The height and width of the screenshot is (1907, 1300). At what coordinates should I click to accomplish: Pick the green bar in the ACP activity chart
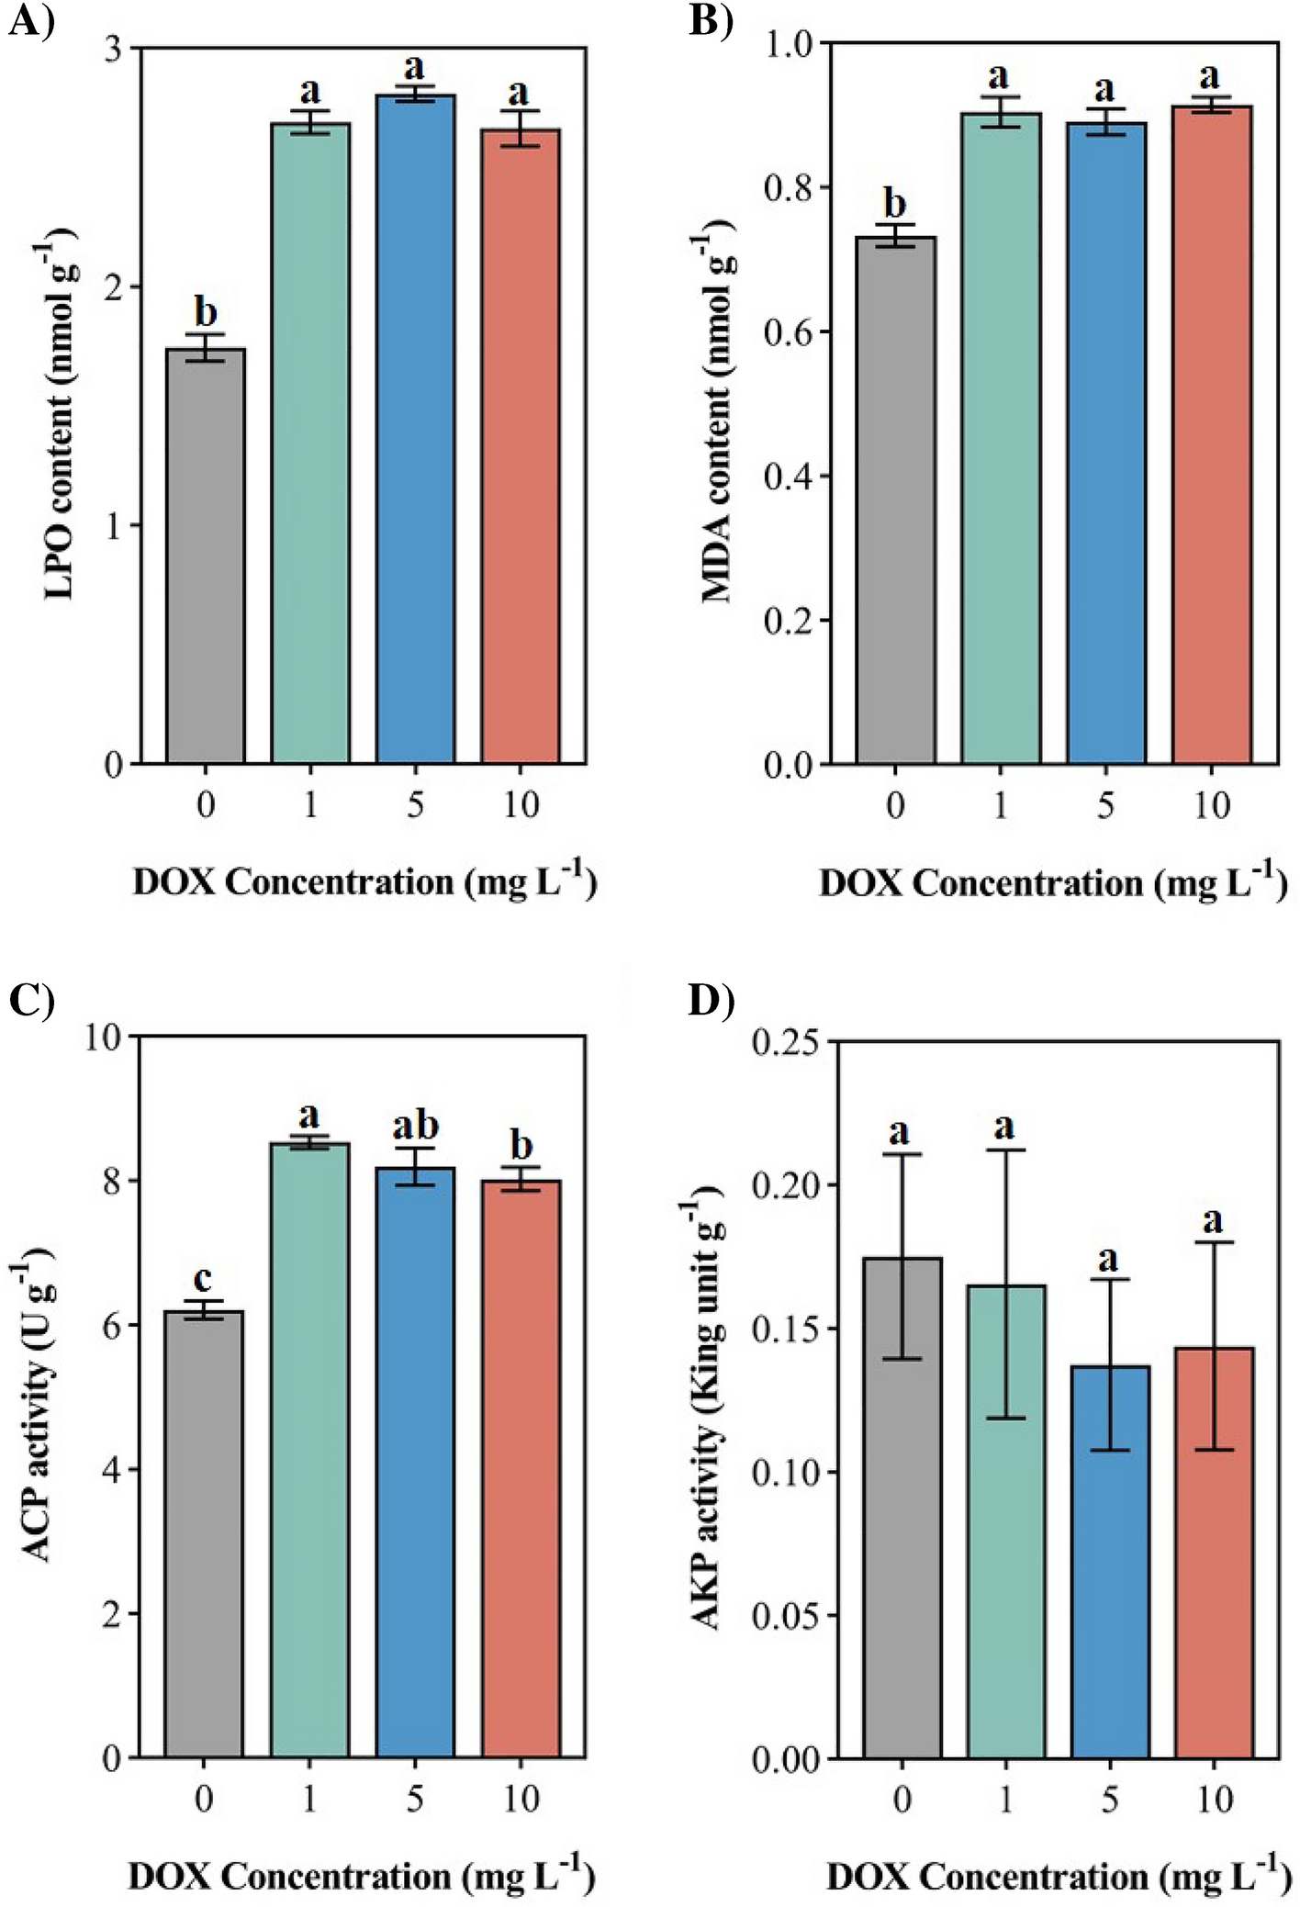click(309, 1450)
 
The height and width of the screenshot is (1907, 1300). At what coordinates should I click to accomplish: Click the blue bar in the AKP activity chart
click(1109, 1562)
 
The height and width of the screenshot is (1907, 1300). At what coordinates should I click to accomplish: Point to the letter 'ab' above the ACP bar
click(415, 1126)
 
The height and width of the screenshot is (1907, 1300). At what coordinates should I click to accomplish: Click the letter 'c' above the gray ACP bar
click(203, 1278)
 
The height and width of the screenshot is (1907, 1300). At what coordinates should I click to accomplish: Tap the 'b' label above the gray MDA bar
click(894, 204)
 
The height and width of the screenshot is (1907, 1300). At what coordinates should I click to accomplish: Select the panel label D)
click(712, 1001)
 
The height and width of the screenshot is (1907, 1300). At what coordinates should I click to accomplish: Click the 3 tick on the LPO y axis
click(113, 49)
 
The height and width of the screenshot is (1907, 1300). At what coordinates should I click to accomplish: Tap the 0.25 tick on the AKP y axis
click(786, 1042)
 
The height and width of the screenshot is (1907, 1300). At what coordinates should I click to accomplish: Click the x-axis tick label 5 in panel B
click(1105, 805)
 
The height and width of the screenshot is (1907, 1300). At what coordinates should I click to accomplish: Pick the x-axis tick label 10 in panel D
click(1214, 1799)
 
